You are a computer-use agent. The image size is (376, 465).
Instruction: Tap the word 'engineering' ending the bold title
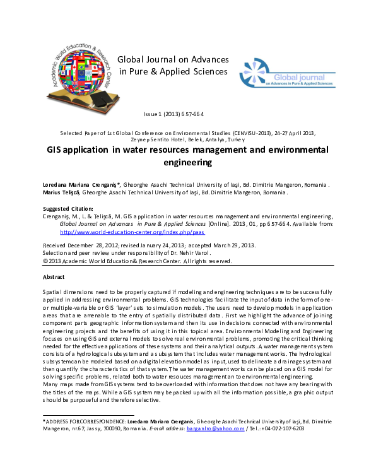pos(187,163)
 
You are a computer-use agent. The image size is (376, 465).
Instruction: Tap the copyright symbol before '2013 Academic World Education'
pos(45,261)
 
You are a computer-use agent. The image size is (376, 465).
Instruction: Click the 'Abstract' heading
pos(55,277)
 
